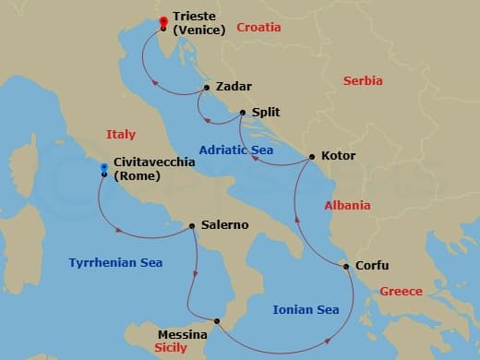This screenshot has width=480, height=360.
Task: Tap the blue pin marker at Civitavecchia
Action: pyautogui.click(x=104, y=169)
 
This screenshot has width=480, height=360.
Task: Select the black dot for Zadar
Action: pyautogui.click(x=207, y=89)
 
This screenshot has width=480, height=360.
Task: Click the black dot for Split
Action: pyautogui.click(x=243, y=113)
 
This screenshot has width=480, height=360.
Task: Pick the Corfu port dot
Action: pyautogui.click(x=347, y=267)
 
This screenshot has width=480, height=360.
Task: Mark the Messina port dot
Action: pyautogui.click(x=217, y=321)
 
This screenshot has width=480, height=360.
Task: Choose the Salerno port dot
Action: pyautogui.click(x=192, y=225)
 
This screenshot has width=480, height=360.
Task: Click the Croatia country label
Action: pyautogui.click(x=258, y=28)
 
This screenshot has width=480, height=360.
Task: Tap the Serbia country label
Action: pyautogui.click(x=363, y=81)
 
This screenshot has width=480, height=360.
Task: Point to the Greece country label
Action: pyautogui.click(x=402, y=292)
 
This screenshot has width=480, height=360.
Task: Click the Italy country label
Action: pyautogui.click(x=120, y=134)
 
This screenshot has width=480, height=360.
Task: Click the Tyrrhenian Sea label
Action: pyautogui.click(x=115, y=263)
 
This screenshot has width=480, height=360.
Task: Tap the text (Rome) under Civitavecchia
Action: pyautogui.click(x=136, y=175)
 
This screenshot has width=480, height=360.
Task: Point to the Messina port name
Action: pyautogui.click(x=183, y=334)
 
